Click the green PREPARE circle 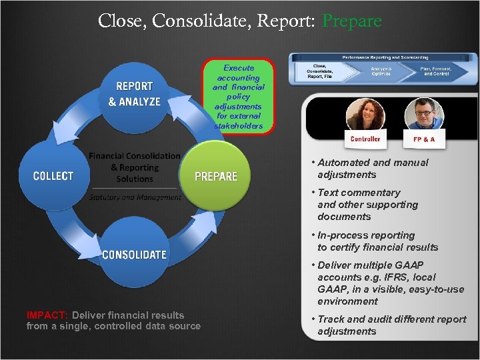coord(215,176)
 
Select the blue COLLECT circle coord(53,176)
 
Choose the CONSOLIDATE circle coord(134,254)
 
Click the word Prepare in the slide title coord(351,21)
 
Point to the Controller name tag coord(365,139)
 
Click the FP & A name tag coord(419,139)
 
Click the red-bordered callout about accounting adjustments coord(239,97)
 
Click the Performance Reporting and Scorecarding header coord(385,58)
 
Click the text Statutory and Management coord(135,197)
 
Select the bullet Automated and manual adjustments coord(373,169)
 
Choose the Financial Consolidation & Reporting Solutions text coord(135,167)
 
